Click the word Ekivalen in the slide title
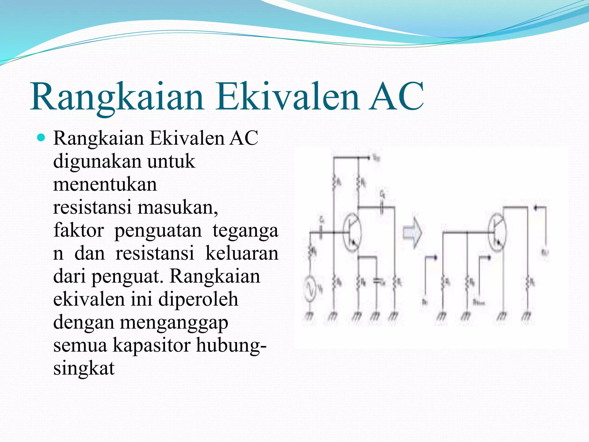coord(288,96)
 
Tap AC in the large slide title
coord(396,96)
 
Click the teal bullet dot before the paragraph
coord(41,138)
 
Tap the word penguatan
coord(158,231)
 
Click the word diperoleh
coord(198,299)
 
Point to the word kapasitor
coord(151,345)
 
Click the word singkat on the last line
coord(84,368)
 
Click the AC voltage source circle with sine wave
coord(310,288)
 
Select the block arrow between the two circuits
coord(412,233)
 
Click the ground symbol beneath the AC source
coord(309,317)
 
